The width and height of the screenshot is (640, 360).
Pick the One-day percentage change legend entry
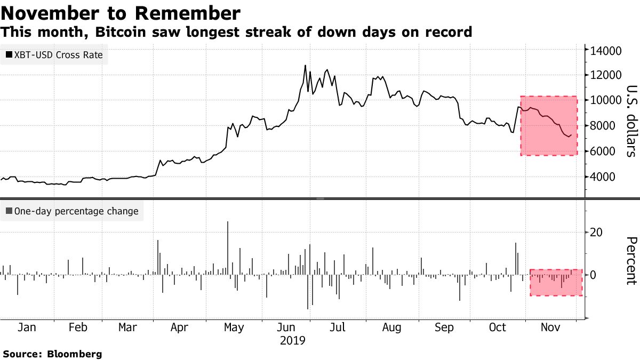pyautogui.click(x=71, y=211)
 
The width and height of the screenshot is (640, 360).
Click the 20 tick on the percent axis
pyautogui.click(x=596, y=232)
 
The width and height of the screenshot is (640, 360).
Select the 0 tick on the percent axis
pyautogui.click(x=593, y=275)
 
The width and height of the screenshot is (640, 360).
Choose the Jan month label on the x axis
pyautogui.click(x=27, y=327)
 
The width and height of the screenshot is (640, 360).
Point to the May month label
pyautogui.click(x=234, y=327)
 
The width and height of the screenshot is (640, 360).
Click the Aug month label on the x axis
pyautogui.click(x=392, y=327)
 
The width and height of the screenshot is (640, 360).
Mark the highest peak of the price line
pyautogui.click(x=305, y=66)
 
